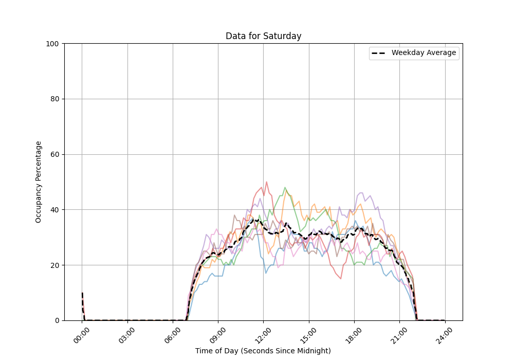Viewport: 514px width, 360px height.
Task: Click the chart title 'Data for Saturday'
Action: [x=263, y=36]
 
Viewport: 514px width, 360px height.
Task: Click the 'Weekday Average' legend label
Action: [x=424, y=53]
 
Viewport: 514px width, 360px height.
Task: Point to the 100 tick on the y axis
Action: [x=53, y=44]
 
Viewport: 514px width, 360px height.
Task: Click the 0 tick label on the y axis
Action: [x=57, y=320]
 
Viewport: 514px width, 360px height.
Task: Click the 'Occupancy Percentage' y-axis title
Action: [x=39, y=182]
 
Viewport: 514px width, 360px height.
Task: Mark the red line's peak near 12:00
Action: [x=266, y=182]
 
